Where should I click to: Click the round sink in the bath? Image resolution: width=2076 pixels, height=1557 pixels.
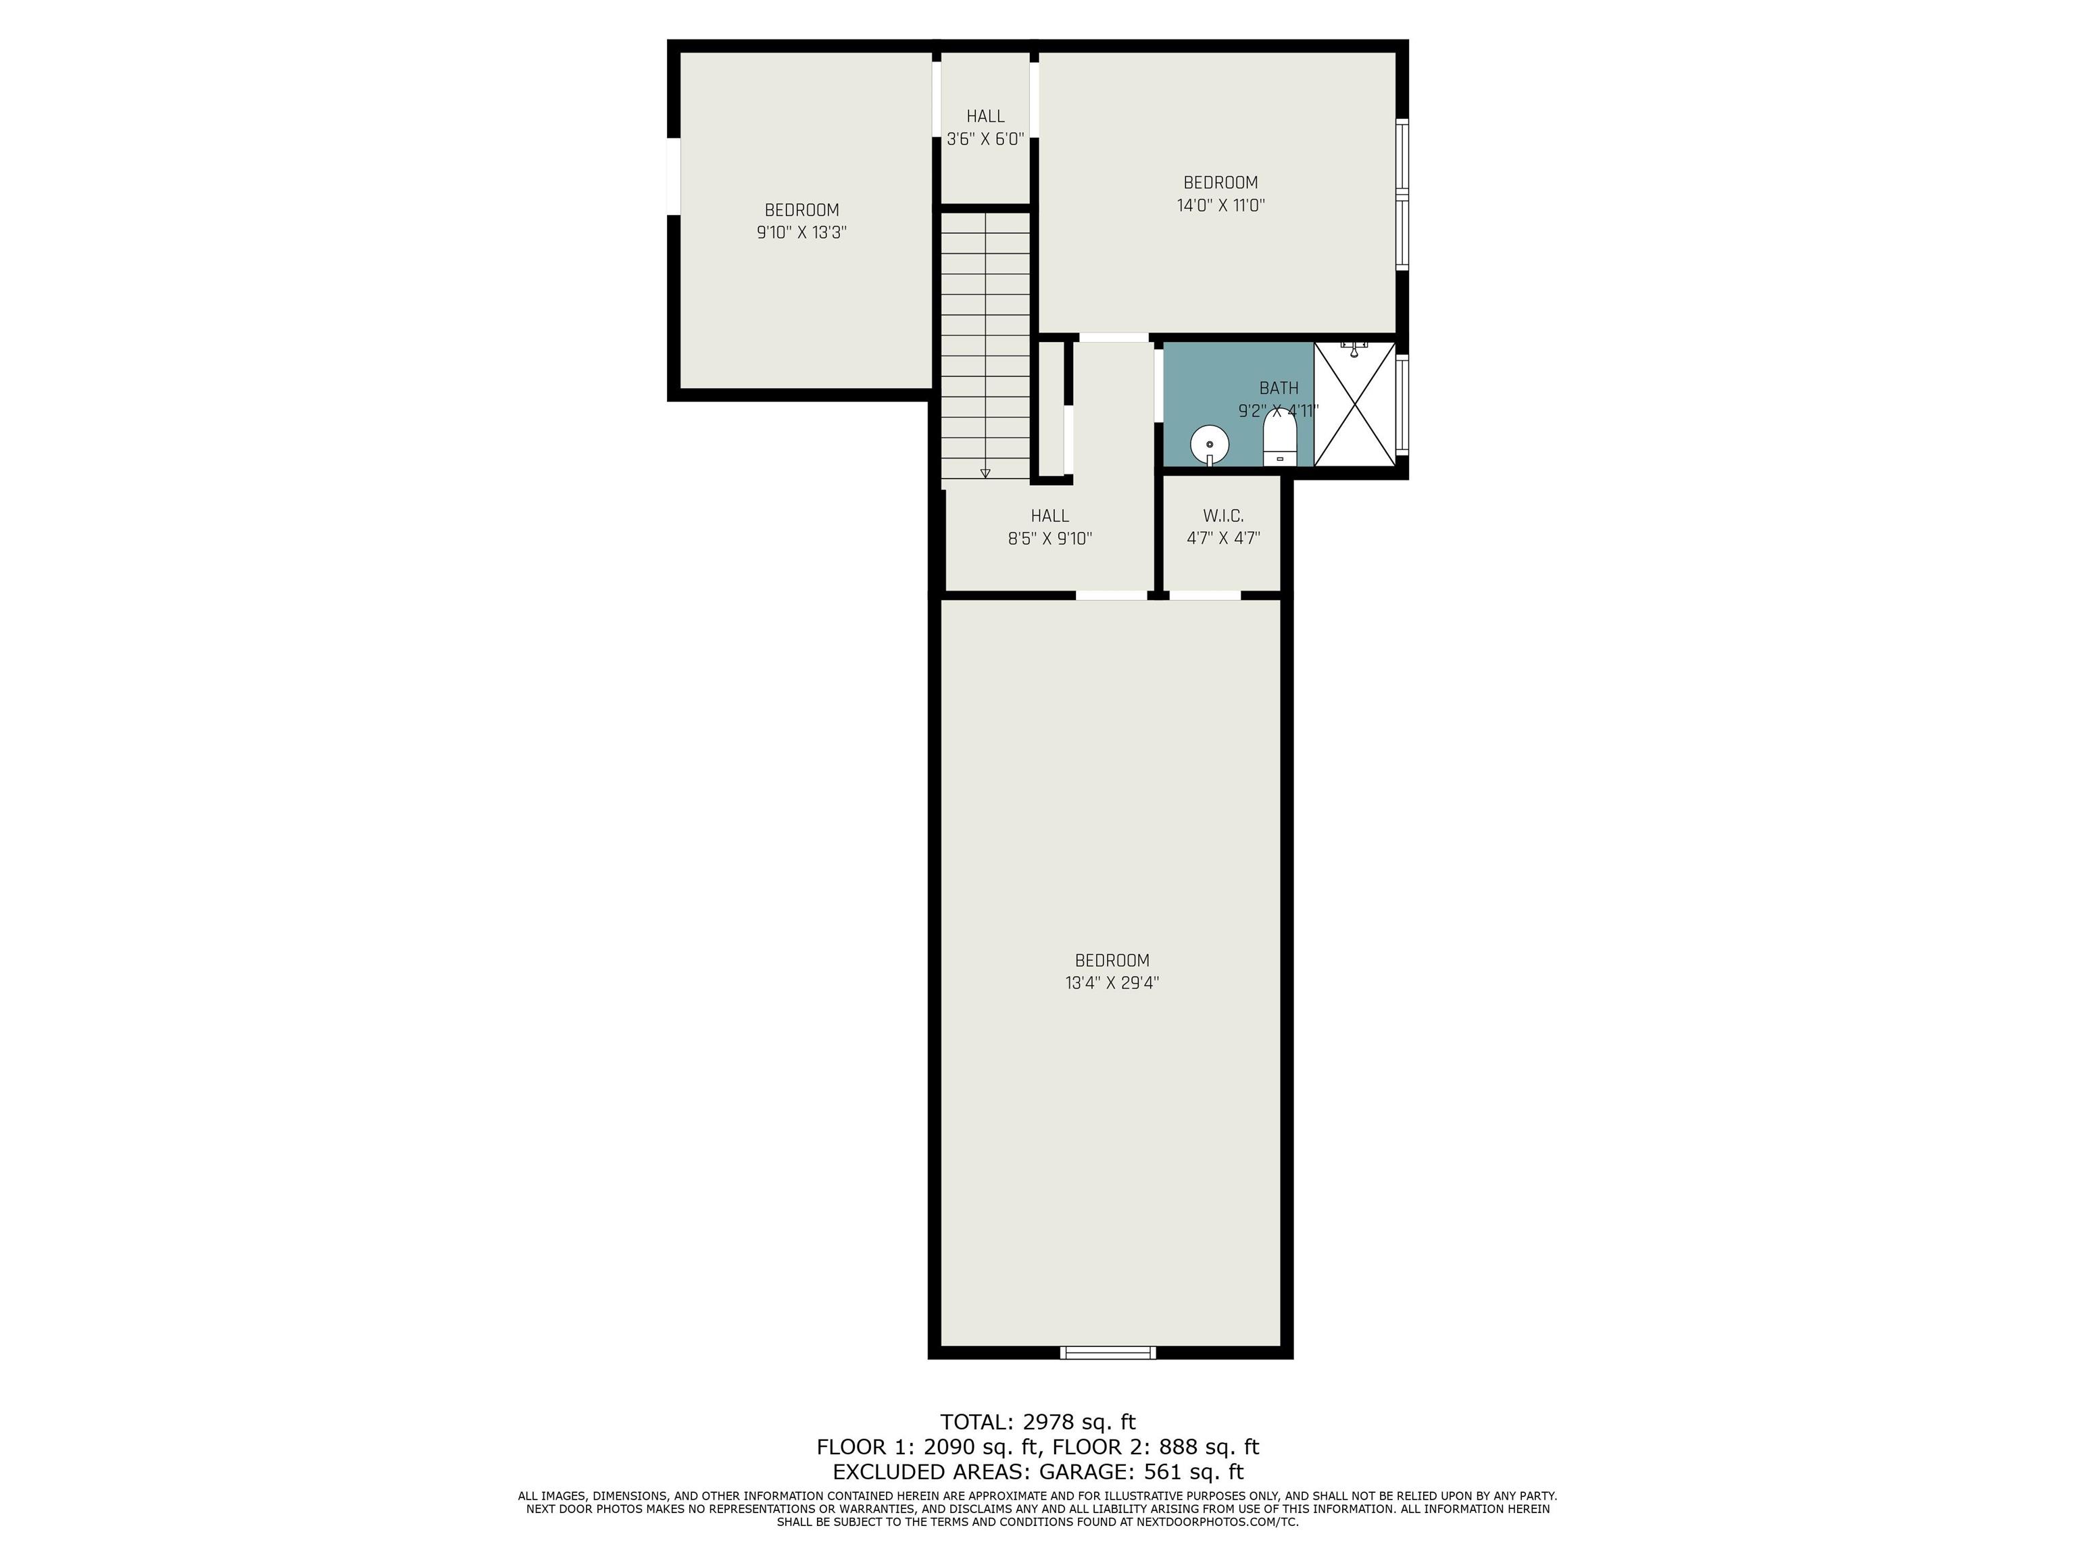coord(1210,445)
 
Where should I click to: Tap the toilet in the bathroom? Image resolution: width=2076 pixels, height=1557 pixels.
coord(1280,437)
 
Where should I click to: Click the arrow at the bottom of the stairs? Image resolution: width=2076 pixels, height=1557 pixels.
coord(985,474)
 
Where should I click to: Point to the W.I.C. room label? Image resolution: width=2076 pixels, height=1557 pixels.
coord(1223,516)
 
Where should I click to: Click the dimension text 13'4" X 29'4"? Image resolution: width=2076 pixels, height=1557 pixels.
coord(1112,983)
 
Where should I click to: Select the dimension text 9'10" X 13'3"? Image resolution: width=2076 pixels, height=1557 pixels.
coord(801,232)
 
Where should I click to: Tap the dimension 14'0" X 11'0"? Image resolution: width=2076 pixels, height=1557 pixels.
coord(1221,205)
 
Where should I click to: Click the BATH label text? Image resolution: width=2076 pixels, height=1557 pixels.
coord(1279,389)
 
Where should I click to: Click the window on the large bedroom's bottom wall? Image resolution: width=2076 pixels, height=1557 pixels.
coord(1108,1352)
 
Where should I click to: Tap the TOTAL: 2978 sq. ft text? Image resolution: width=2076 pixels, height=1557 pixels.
coord(1038,1422)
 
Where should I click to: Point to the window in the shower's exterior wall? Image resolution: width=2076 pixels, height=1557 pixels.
coord(1402,405)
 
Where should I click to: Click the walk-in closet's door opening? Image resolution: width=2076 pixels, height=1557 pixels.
coord(1205,595)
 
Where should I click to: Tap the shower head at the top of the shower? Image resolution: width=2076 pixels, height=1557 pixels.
coord(1354,349)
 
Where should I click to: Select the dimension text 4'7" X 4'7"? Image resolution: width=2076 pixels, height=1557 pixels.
coord(1223,539)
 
